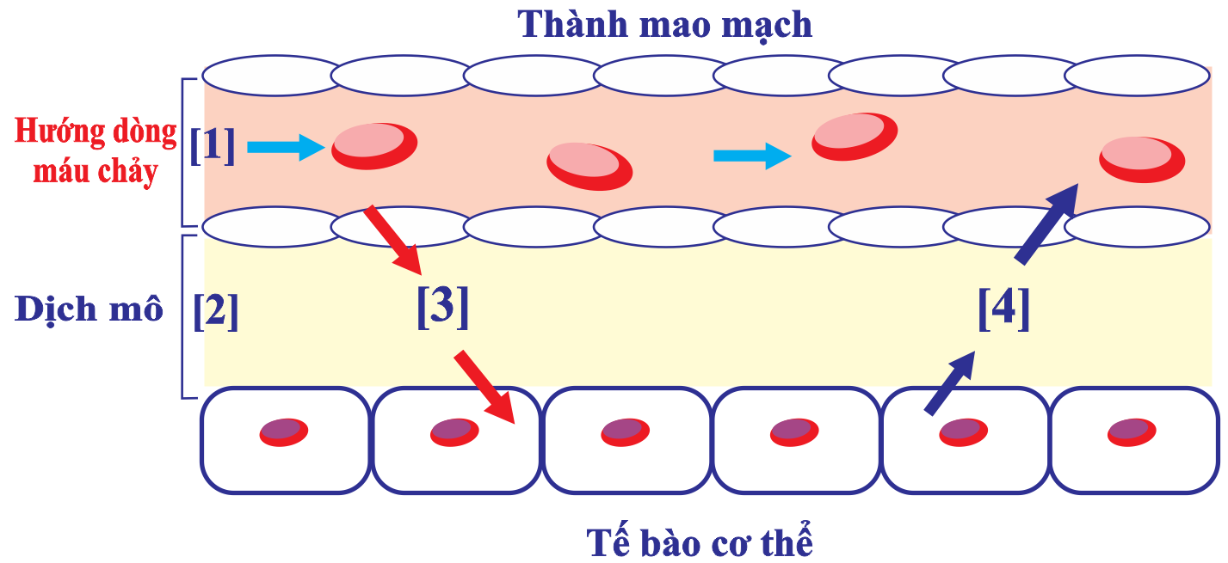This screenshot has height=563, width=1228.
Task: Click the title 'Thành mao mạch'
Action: tap(665, 25)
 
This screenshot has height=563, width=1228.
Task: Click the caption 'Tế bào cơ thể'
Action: tap(700, 542)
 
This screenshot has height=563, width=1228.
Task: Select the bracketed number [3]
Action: tap(443, 307)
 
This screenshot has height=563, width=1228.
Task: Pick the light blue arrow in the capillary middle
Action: tap(752, 156)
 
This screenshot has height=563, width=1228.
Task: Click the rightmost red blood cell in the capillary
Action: tap(1142, 159)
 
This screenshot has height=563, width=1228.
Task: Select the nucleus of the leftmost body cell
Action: tap(284, 431)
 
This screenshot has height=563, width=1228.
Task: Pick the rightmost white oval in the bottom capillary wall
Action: tap(1136, 227)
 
